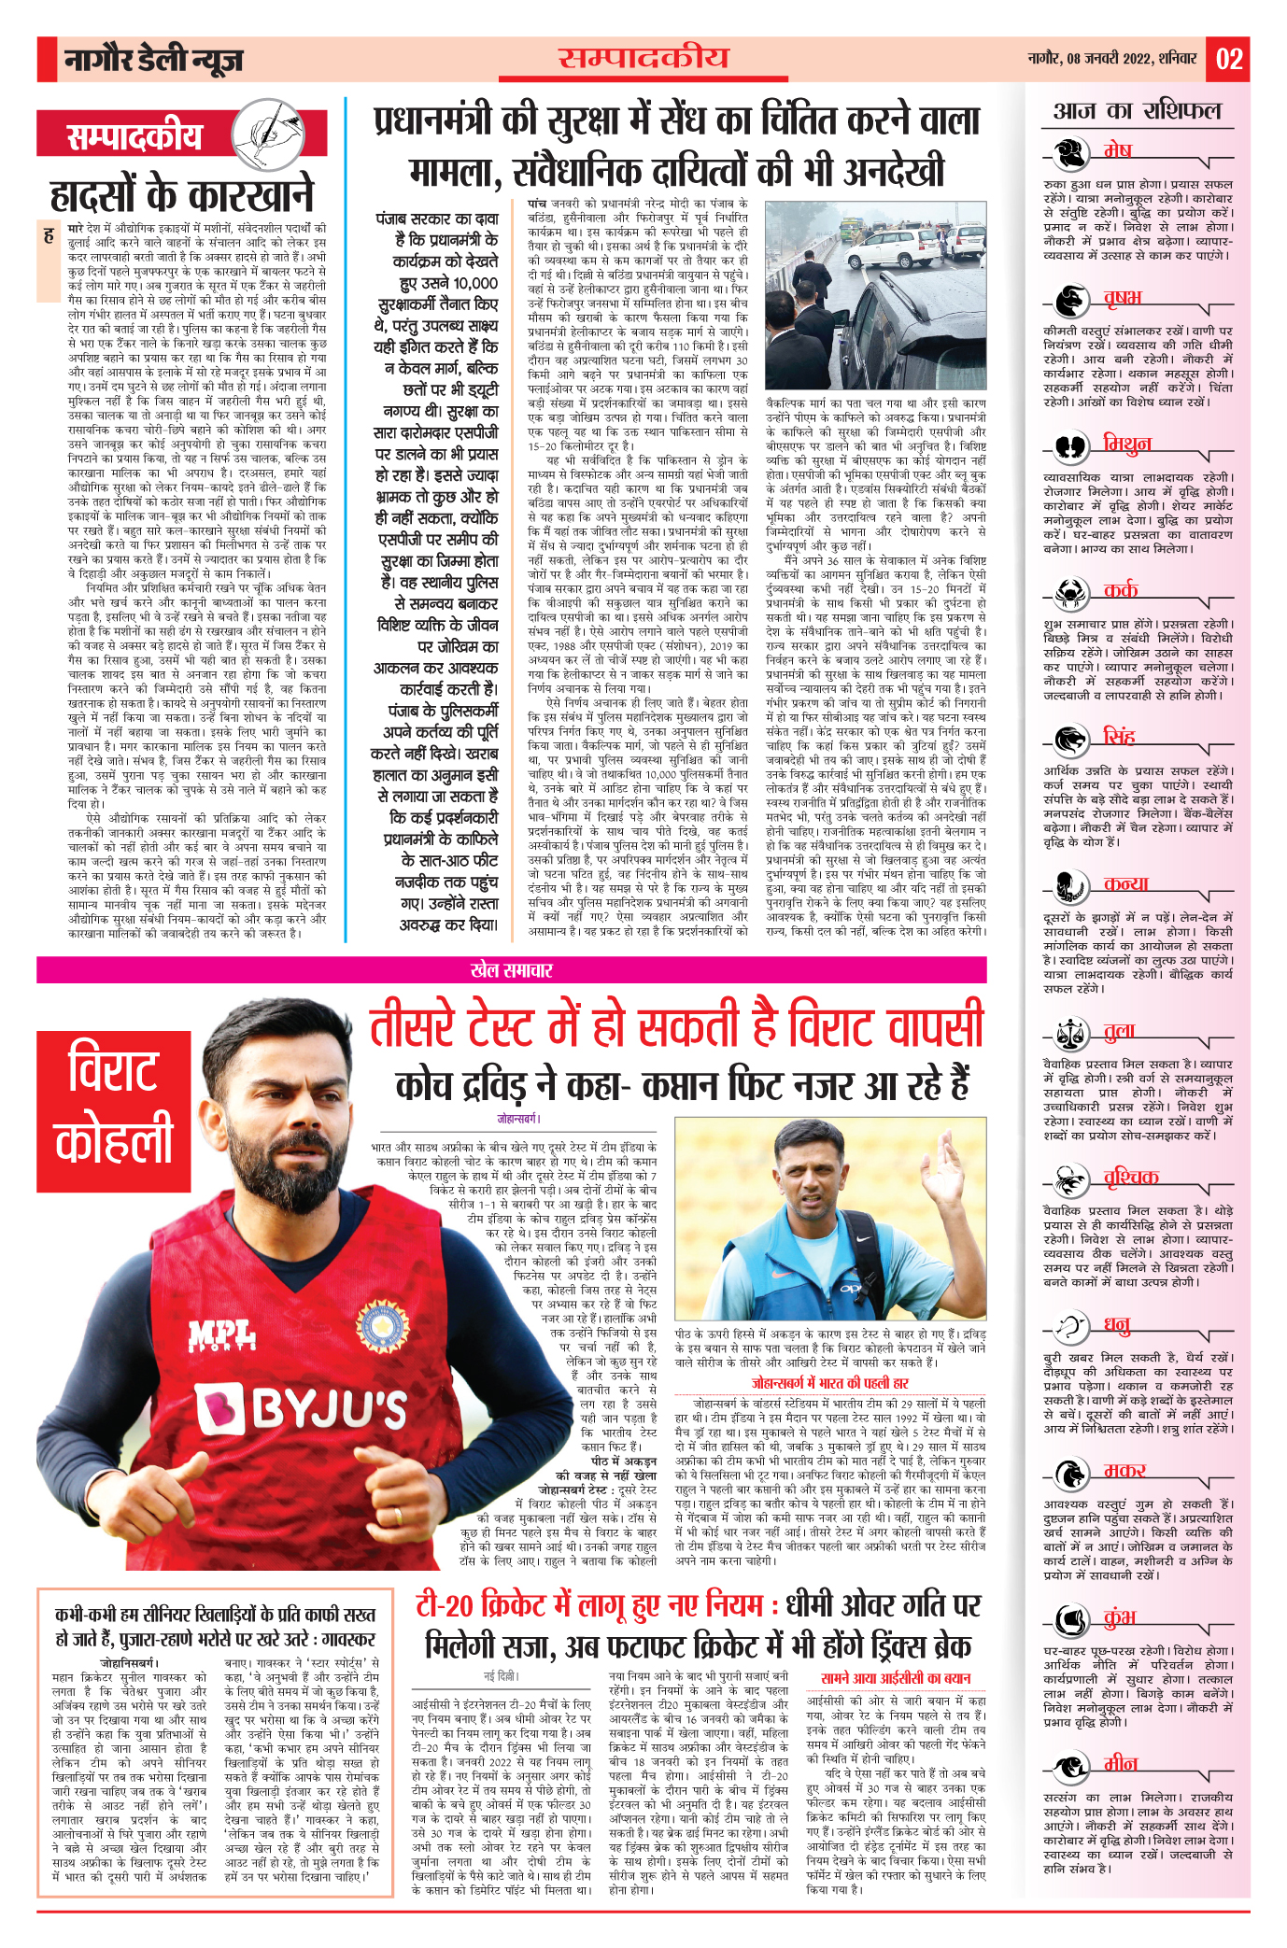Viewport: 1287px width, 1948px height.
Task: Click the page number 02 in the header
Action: (x=1228, y=60)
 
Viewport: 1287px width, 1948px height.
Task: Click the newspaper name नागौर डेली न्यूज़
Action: (x=153, y=61)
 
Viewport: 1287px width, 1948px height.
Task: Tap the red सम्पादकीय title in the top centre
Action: (x=643, y=58)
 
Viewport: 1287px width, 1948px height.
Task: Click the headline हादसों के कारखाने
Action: (x=182, y=196)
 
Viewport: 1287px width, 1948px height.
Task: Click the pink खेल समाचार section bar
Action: (x=511, y=970)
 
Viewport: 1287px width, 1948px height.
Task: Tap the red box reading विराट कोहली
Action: (x=114, y=1110)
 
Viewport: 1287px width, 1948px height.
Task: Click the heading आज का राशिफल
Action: (x=1137, y=112)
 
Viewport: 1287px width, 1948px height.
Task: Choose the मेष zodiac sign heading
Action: (x=1117, y=151)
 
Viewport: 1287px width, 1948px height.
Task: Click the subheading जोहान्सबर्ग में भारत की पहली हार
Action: (x=829, y=1383)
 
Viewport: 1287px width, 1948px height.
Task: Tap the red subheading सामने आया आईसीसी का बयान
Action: (x=896, y=1678)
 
